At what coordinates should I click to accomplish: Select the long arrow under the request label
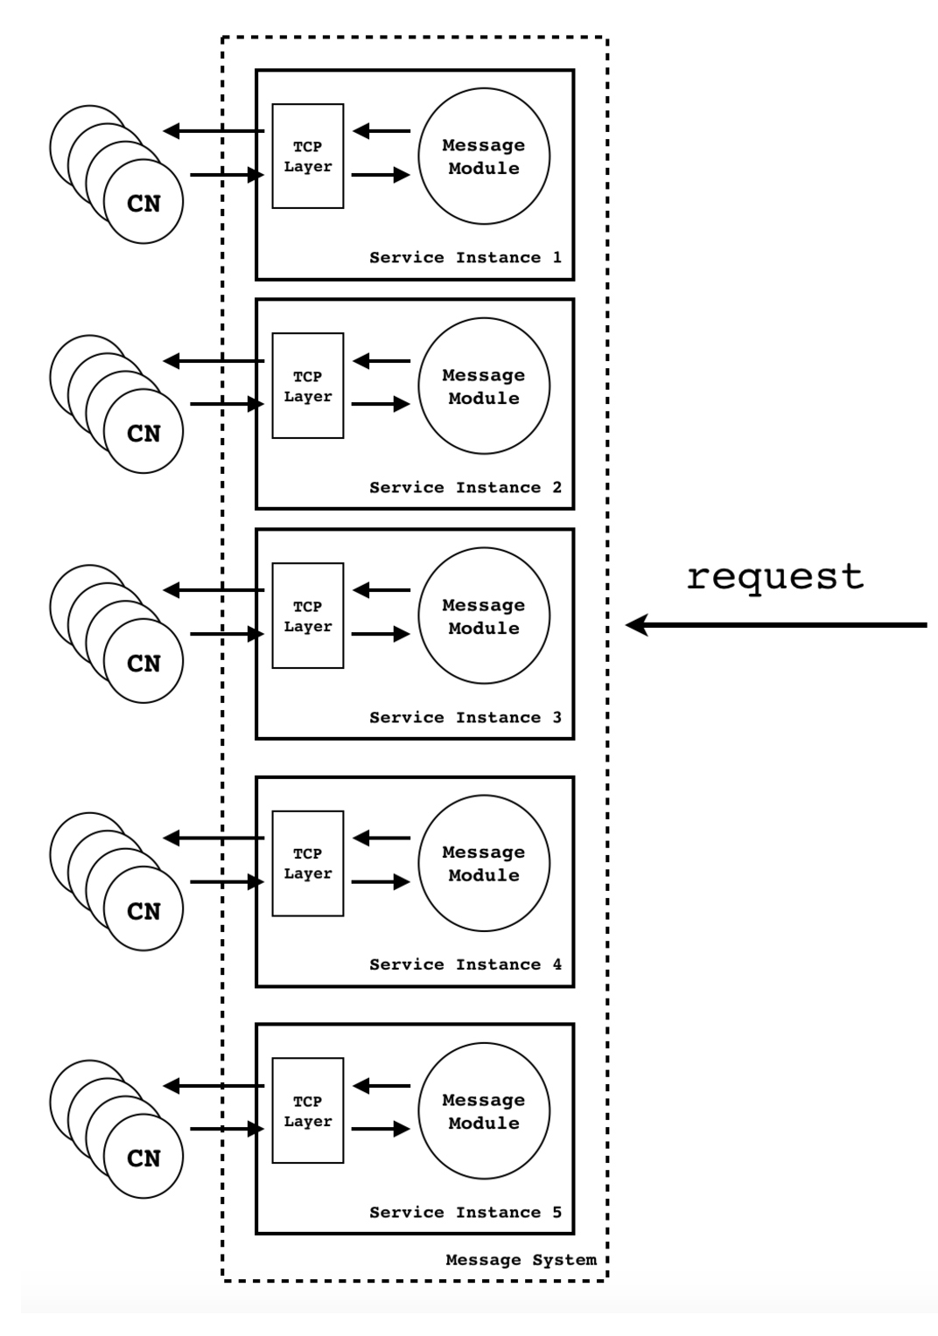pos(776,625)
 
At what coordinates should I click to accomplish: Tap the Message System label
pos(521,1260)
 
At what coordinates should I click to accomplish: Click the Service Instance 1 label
pos(465,258)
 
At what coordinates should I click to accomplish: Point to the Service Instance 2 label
pos(465,488)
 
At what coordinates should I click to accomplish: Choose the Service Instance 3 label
pos(465,718)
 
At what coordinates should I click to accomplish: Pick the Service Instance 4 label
pos(465,965)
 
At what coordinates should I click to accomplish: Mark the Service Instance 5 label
pos(465,1213)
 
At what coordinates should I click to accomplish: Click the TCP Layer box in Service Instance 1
pos(308,157)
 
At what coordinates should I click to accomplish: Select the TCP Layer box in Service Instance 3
pos(308,616)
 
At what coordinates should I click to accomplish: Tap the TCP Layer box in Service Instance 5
pos(308,1111)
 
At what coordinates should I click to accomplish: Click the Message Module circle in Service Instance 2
pos(484,386)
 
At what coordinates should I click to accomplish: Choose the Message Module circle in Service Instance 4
pos(484,864)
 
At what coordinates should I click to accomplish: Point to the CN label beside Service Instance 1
pos(143,204)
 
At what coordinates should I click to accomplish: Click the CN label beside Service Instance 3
pos(143,665)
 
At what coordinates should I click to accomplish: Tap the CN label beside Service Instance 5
pos(143,1159)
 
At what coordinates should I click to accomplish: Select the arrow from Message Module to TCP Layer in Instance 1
pos(381,131)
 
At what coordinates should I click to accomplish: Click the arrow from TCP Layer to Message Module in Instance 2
pos(381,404)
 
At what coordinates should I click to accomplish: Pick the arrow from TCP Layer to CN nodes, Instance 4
pos(213,838)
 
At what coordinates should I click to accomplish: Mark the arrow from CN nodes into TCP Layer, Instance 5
pos(227,1130)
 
